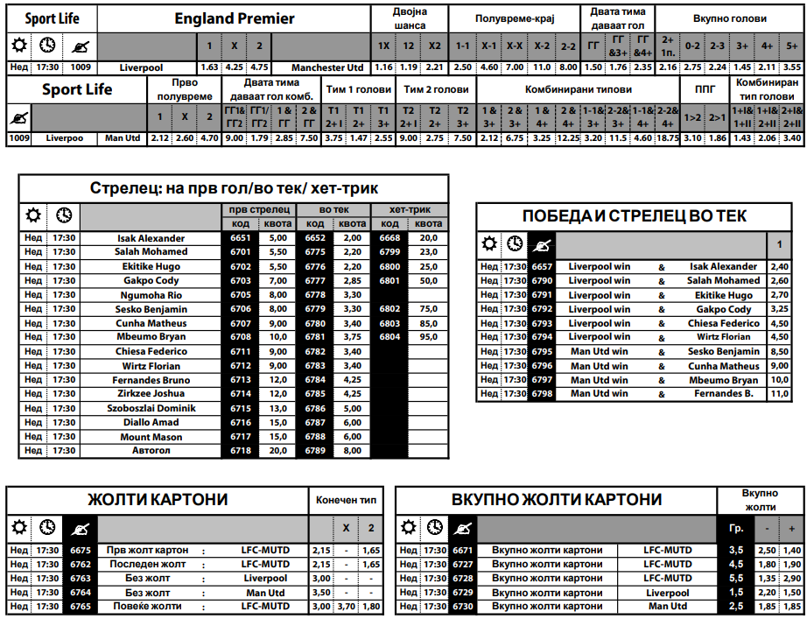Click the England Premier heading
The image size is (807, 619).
pos(235,18)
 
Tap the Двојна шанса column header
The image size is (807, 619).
pos(408,18)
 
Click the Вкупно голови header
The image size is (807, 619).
pos(729,18)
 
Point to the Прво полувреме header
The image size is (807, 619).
pos(184,89)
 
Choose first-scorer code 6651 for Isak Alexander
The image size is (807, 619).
pos(241,238)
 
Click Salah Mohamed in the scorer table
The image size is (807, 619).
pos(151,252)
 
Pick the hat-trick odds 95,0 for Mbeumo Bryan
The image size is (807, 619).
pos(428,337)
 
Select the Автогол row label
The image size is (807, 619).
pos(151,451)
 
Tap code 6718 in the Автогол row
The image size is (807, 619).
pos(241,451)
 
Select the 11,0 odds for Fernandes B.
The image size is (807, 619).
pos(778,395)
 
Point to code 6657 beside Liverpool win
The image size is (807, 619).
pos(542,267)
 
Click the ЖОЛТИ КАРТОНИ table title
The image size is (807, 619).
pos(158,500)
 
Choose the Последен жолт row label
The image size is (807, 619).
pos(148,565)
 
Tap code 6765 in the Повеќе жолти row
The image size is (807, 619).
pos(80,607)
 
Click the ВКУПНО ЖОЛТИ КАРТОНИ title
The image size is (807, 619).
pos(557,500)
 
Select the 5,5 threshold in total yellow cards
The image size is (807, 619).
pos(736,579)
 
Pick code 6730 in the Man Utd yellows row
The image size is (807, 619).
pos(463,607)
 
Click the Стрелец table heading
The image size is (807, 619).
pos(234,188)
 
